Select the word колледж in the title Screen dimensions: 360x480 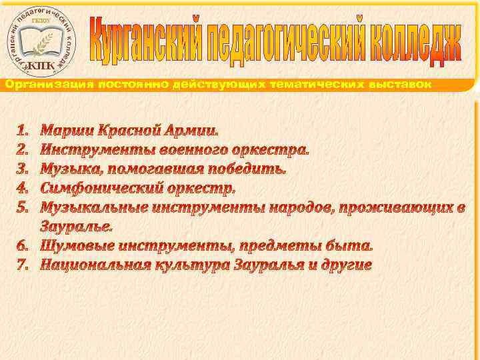[x=414, y=41]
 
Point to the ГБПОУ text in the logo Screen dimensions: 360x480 [x=41, y=22]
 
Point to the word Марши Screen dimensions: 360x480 [x=65, y=127]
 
